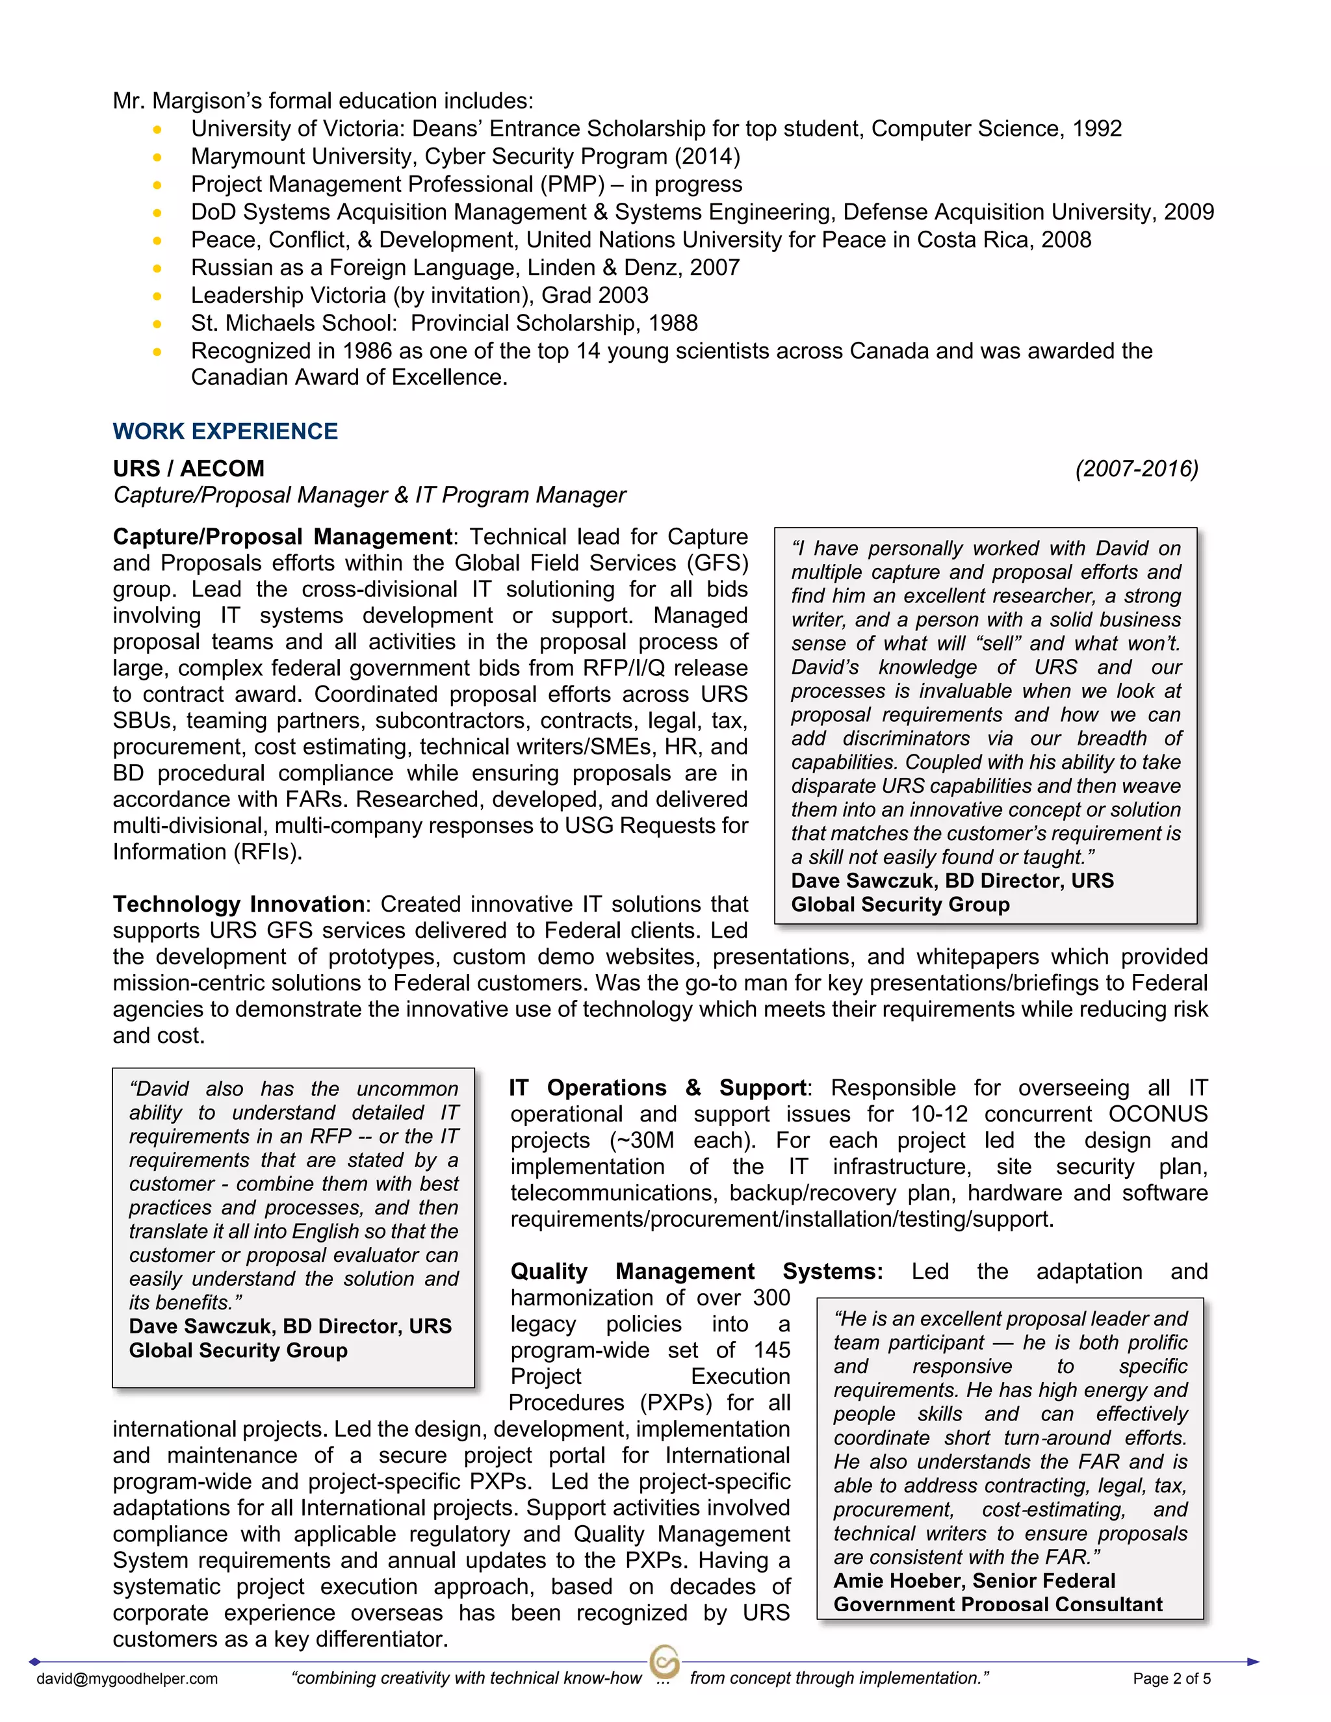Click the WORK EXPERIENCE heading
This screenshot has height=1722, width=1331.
point(225,431)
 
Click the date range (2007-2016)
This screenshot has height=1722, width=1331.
point(1136,469)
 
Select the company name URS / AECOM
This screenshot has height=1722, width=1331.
point(188,469)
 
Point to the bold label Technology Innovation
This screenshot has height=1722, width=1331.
point(238,904)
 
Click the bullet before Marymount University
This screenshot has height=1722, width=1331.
point(158,157)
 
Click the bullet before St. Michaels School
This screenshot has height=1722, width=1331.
point(158,323)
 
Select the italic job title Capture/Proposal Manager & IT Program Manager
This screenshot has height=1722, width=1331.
point(369,495)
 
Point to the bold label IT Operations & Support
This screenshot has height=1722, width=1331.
point(658,1087)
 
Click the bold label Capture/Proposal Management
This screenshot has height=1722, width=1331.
point(282,536)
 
